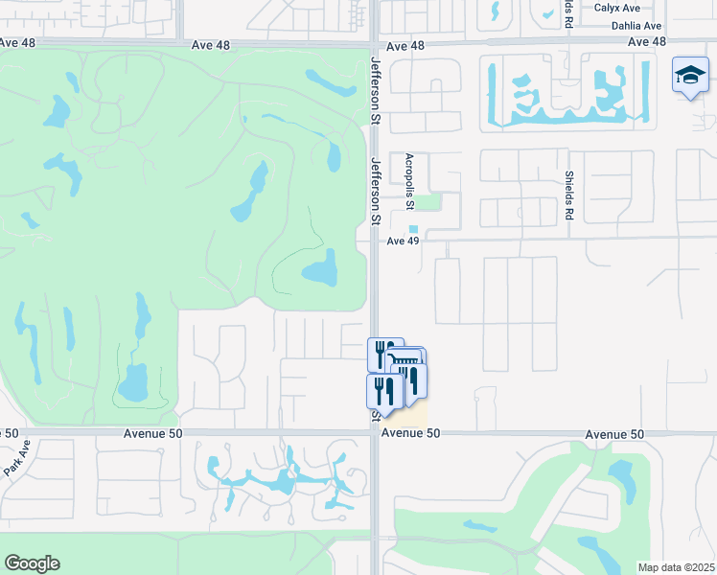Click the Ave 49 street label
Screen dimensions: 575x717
click(404, 241)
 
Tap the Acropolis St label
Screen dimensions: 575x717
click(409, 181)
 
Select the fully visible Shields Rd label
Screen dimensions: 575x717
click(568, 195)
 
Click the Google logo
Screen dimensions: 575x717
click(32, 563)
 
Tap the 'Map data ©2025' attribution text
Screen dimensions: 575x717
click(676, 567)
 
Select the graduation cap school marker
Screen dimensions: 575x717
click(689, 77)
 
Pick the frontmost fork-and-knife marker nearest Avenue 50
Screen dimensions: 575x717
click(382, 390)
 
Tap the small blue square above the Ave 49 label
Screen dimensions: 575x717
click(414, 229)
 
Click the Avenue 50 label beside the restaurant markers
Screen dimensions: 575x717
click(410, 434)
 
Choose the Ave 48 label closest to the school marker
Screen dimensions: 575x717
click(647, 42)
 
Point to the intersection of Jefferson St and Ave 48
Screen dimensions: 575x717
click(375, 44)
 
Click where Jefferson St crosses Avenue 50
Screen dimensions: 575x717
click(375, 433)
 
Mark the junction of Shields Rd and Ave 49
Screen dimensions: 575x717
click(568, 237)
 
